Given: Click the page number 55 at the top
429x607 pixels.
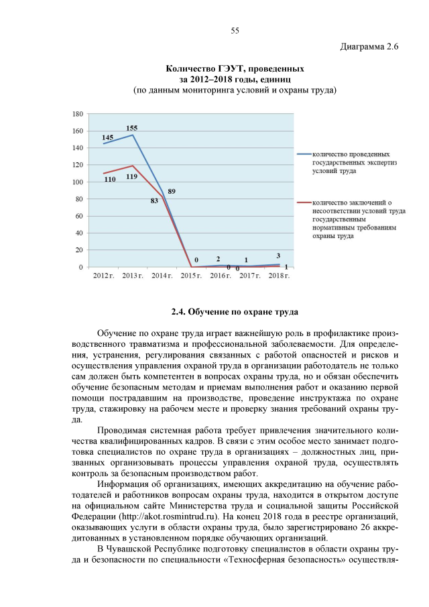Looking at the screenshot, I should pos(235,30).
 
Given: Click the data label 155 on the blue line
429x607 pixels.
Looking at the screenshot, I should pos(132,127).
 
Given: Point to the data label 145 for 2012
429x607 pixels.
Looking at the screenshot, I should pos(107,137).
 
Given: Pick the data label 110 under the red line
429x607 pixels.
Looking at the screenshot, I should pos(109,180).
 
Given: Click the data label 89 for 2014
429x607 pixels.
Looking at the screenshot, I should pos(172,191).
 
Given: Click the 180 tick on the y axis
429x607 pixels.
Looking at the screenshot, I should pos(78,114).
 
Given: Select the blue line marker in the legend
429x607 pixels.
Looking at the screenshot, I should pos(305,155).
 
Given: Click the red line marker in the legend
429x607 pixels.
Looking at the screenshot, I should pos(305,203).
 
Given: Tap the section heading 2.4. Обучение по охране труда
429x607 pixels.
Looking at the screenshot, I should pos(235,312).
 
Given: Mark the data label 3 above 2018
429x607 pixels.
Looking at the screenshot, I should pos(278,256).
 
